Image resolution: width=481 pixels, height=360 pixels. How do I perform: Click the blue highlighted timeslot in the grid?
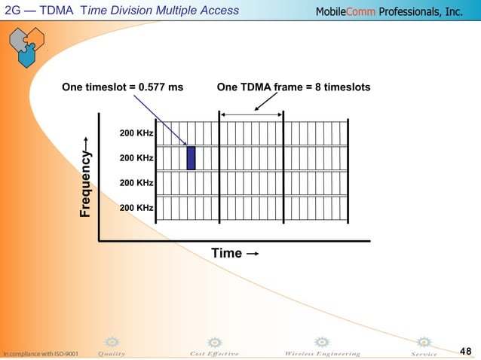point(191,158)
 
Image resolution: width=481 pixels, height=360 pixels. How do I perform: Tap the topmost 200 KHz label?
point(136,134)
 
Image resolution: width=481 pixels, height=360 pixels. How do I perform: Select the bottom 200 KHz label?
point(136,207)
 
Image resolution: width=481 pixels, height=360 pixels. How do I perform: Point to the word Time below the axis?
point(226,253)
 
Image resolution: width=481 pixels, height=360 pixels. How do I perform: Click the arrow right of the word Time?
point(253,254)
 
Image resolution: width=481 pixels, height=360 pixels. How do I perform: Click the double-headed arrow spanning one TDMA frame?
point(251,114)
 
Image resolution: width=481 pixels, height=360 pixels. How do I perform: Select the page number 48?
point(465,351)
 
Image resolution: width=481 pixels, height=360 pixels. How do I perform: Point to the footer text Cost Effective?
point(214,353)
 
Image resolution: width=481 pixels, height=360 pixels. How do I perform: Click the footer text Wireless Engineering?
point(322,353)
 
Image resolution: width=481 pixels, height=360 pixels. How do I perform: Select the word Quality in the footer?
point(112,353)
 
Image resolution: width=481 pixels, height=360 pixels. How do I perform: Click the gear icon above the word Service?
point(424,342)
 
